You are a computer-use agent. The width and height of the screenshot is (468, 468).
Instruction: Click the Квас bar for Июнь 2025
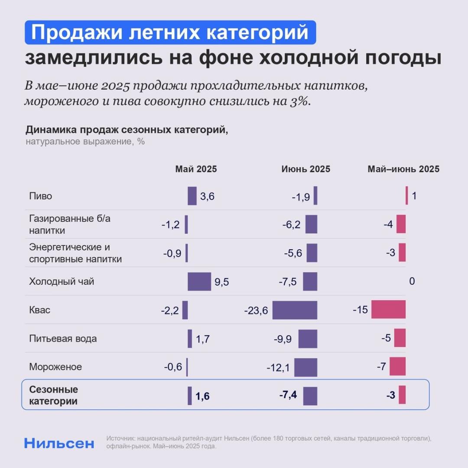tap(295, 310)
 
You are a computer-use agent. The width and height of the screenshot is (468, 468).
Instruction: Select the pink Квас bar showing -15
tap(388, 310)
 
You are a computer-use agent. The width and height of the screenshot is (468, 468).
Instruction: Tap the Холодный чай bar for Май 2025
tap(199, 282)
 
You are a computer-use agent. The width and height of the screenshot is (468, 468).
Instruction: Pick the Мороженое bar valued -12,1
tap(305, 367)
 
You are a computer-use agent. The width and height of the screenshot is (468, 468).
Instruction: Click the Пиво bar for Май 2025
tap(192, 196)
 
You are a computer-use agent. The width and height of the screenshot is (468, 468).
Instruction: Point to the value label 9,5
tap(221, 283)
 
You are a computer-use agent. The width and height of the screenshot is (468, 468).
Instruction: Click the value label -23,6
tap(256, 311)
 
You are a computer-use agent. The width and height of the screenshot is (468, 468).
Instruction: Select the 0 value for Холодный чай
tap(412, 282)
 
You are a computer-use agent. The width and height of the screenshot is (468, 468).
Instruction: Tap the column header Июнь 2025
tap(305, 169)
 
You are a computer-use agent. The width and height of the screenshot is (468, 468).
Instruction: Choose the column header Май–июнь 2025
tap(403, 169)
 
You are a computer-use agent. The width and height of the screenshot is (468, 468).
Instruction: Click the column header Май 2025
tap(196, 169)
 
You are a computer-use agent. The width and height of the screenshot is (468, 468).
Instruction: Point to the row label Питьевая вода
tap(63, 338)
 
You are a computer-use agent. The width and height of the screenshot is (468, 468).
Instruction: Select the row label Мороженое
tap(55, 367)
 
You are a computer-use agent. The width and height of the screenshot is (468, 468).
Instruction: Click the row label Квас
tap(40, 310)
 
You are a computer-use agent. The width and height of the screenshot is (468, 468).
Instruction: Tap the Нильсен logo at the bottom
tap(59, 443)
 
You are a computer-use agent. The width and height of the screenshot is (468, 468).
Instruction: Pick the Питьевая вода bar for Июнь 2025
tap(308, 339)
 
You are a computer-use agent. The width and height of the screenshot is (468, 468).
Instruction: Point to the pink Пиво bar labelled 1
tap(407, 195)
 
